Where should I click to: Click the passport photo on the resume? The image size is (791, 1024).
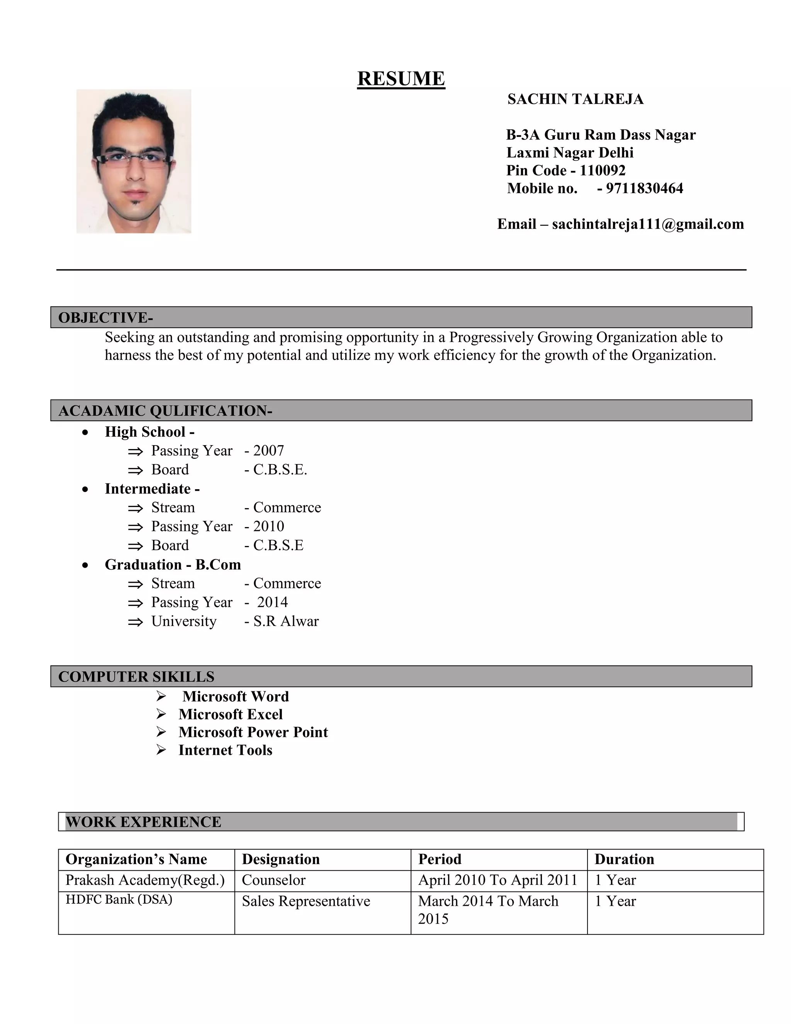134,161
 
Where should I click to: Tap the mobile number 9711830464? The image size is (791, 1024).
644,189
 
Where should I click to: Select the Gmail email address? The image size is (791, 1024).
648,224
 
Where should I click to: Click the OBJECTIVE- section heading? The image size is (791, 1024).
105,318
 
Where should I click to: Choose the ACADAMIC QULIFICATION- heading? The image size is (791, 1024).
165,411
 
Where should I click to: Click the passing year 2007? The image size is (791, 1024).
268,451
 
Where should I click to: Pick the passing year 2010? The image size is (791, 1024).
268,527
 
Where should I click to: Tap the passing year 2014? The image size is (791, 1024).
272,602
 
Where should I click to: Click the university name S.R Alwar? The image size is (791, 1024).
286,621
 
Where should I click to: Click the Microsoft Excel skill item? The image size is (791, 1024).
231,714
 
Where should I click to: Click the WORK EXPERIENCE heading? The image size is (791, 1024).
143,822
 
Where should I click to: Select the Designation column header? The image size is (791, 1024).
281,859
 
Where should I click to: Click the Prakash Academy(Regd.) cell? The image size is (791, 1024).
145,880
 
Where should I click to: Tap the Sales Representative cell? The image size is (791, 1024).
306,901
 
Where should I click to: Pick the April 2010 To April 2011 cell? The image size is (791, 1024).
497,880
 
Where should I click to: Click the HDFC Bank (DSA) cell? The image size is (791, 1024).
119,899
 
